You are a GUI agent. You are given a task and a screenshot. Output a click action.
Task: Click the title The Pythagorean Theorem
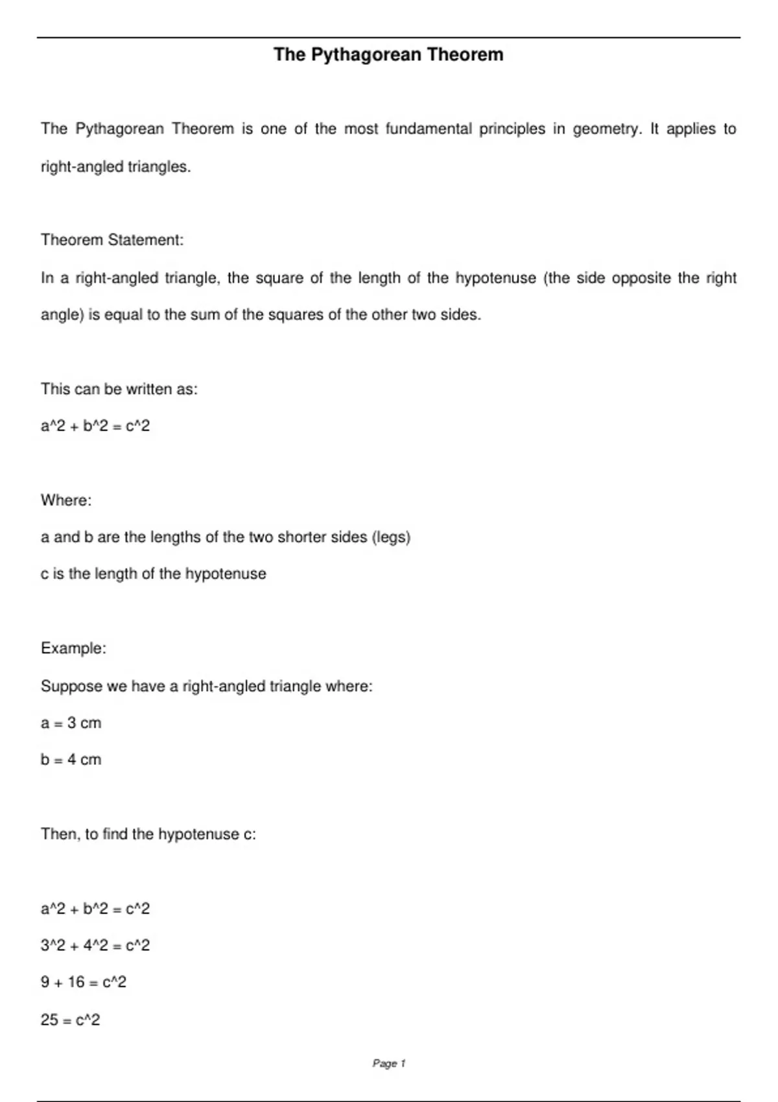[388, 54]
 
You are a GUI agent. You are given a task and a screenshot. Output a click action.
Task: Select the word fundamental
[429, 129]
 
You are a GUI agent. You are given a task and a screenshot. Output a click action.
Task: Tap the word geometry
[607, 129]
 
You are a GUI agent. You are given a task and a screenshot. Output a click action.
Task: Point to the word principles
[512, 129]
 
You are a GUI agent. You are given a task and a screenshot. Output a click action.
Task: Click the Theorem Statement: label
[112, 240]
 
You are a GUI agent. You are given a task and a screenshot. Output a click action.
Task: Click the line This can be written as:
[119, 389]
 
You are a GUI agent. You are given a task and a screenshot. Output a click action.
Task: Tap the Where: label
[66, 500]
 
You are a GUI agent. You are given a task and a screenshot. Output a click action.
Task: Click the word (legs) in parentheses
[391, 537]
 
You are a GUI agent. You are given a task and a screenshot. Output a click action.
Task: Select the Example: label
[73, 648]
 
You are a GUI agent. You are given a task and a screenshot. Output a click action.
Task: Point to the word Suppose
[69, 686]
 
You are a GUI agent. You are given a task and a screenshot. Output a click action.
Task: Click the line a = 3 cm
[71, 723]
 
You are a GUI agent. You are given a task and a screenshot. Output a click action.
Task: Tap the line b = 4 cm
[71, 760]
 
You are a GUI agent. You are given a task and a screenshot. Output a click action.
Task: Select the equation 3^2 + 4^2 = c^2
[95, 946]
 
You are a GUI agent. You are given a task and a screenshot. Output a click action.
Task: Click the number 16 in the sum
[76, 983]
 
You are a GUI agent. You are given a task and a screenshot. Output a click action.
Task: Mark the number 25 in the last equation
[49, 1020]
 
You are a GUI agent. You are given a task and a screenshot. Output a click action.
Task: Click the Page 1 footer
[389, 1063]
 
